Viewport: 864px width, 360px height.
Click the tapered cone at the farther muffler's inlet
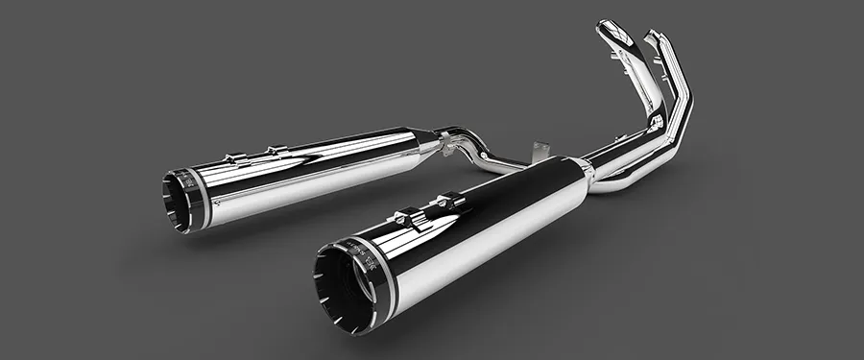(x=422, y=141)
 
